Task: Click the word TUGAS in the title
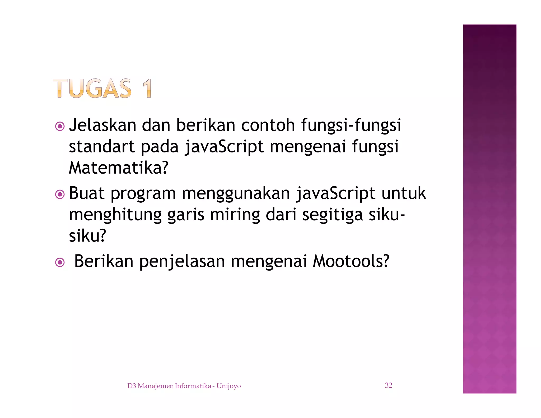pyautogui.click(x=92, y=88)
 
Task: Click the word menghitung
pyautogui.click(x=115, y=215)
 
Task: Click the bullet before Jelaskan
pyautogui.click(x=60, y=126)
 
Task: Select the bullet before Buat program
pyautogui.click(x=60, y=194)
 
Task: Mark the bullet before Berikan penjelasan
pyautogui.click(x=60, y=263)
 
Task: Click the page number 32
pyautogui.click(x=388, y=385)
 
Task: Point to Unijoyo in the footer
pyautogui.click(x=228, y=386)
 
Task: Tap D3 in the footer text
pyautogui.click(x=132, y=386)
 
